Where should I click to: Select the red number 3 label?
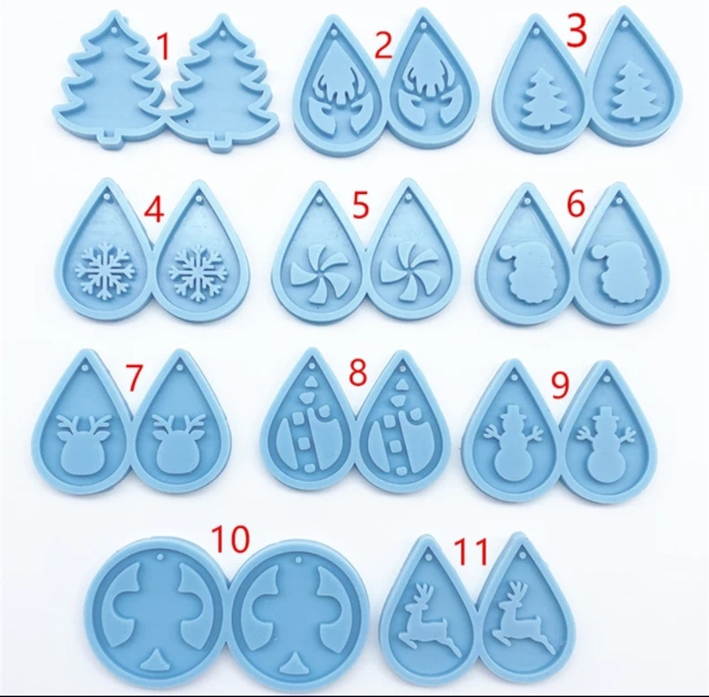(576, 32)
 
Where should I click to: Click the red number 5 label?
(360, 205)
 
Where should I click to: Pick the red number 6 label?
(576, 205)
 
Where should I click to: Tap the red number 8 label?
(357, 373)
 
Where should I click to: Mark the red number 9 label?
(560, 387)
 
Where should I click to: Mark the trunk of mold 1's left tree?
(114, 137)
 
